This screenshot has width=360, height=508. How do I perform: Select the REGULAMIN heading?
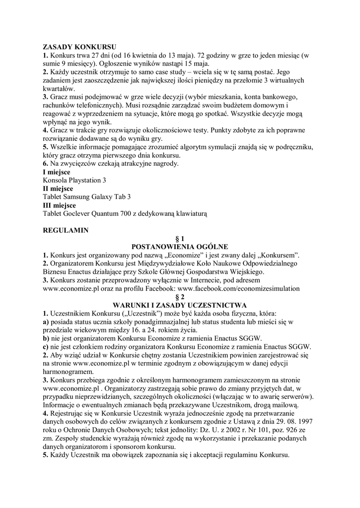(66, 231)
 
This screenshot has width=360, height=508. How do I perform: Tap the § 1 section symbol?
(180, 239)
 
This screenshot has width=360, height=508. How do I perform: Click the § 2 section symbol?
(180, 296)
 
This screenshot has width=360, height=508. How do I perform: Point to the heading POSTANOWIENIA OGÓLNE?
(180, 247)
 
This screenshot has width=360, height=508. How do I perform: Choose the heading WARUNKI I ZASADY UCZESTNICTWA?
(180, 305)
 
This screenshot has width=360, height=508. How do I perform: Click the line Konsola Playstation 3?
(74, 180)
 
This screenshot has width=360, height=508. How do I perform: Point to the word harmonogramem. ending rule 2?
(68, 372)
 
